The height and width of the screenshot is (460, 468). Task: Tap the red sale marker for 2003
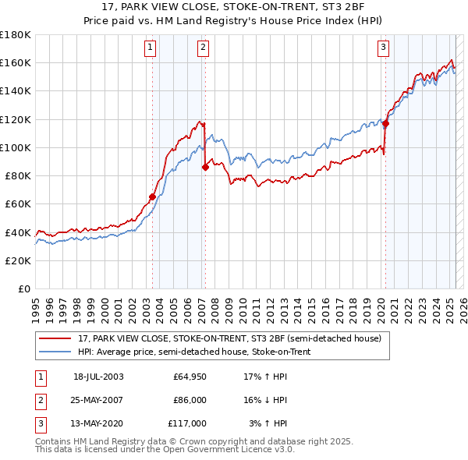click(x=153, y=196)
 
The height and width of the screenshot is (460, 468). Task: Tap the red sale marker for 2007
click(x=205, y=166)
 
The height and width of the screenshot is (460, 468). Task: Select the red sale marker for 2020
click(x=385, y=122)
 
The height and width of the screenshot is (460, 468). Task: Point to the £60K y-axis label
click(x=18, y=204)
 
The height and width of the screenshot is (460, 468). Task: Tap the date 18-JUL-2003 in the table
click(x=98, y=377)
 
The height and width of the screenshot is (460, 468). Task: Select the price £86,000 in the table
click(x=190, y=400)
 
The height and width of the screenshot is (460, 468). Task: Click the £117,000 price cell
click(x=187, y=423)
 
